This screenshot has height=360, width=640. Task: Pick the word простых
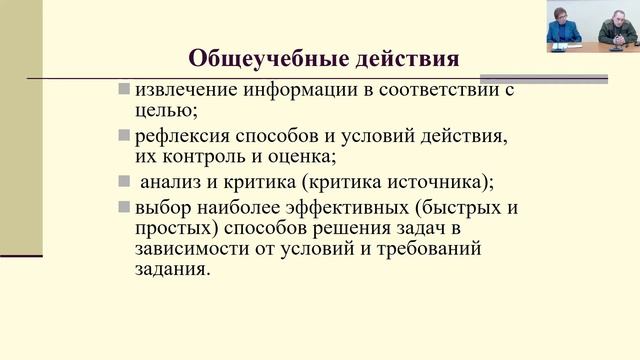tap(169, 229)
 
